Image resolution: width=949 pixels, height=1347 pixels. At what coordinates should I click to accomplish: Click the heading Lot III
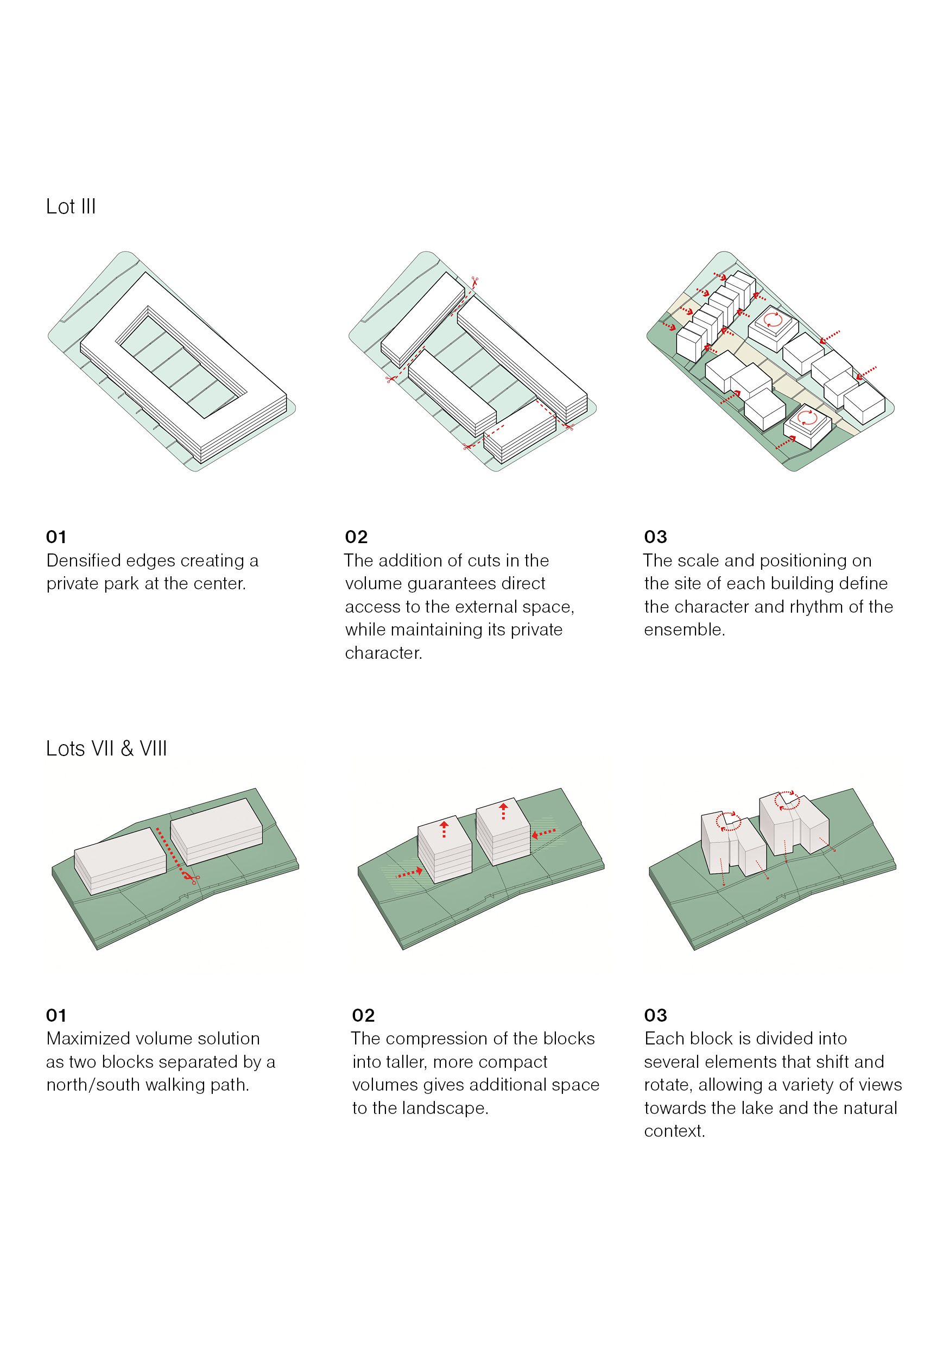pos(71,207)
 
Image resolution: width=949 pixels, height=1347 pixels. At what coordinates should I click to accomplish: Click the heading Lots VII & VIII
pos(106,749)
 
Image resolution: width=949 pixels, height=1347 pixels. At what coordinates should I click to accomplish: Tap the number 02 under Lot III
pos(356,537)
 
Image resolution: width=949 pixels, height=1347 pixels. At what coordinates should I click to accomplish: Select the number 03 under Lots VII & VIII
pos(655,1016)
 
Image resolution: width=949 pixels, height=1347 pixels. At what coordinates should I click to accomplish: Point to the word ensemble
pos(684,630)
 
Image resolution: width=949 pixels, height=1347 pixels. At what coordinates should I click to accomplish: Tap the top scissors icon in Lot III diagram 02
pos(474,281)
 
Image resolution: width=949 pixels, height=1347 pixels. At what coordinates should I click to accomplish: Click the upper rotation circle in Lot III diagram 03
pos(773,320)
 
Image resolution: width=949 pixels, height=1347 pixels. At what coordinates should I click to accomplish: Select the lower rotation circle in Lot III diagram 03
pos(808,418)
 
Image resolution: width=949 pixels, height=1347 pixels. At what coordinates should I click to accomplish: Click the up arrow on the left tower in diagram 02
pos(444,829)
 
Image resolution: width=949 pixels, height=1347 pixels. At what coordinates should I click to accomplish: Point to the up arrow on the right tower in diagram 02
pos(503,811)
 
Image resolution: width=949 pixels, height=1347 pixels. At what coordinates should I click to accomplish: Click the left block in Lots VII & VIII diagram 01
pos(120,860)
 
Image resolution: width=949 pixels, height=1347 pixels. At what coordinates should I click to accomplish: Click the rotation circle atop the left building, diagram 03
pos(729,821)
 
